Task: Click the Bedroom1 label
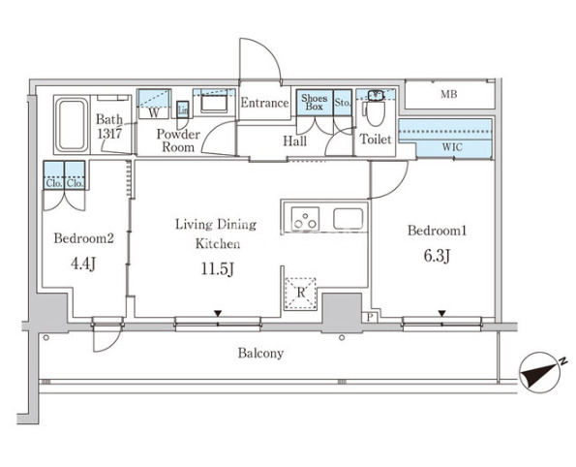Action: (438, 231)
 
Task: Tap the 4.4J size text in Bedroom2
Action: (83, 264)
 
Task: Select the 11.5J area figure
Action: (218, 269)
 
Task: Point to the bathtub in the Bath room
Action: (72, 124)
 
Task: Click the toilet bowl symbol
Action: (375, 112)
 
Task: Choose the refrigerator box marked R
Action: (300, 293)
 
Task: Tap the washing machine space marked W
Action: (154, 104)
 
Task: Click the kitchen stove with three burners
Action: (305, 219)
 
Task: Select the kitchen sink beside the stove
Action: (348, 219)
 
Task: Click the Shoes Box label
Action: (314, 103)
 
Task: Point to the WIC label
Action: (452, 147)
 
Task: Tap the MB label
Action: (449, 95)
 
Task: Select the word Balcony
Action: (260, 353)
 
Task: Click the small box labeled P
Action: (370, 317)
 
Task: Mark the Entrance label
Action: (264, 103)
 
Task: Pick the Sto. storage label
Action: (343, 103)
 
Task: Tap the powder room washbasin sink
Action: (214, 103)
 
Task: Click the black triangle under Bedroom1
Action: (441, 313)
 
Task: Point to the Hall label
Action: (294, 141)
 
